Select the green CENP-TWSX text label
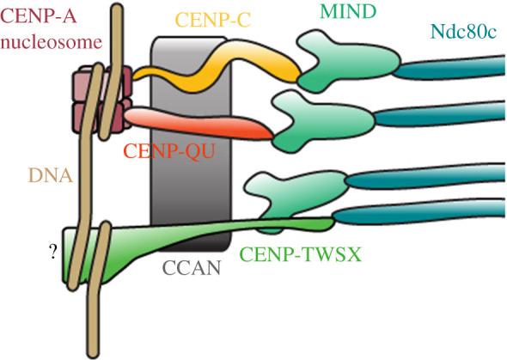click(299, 255)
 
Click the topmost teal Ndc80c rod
click(430, 69)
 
